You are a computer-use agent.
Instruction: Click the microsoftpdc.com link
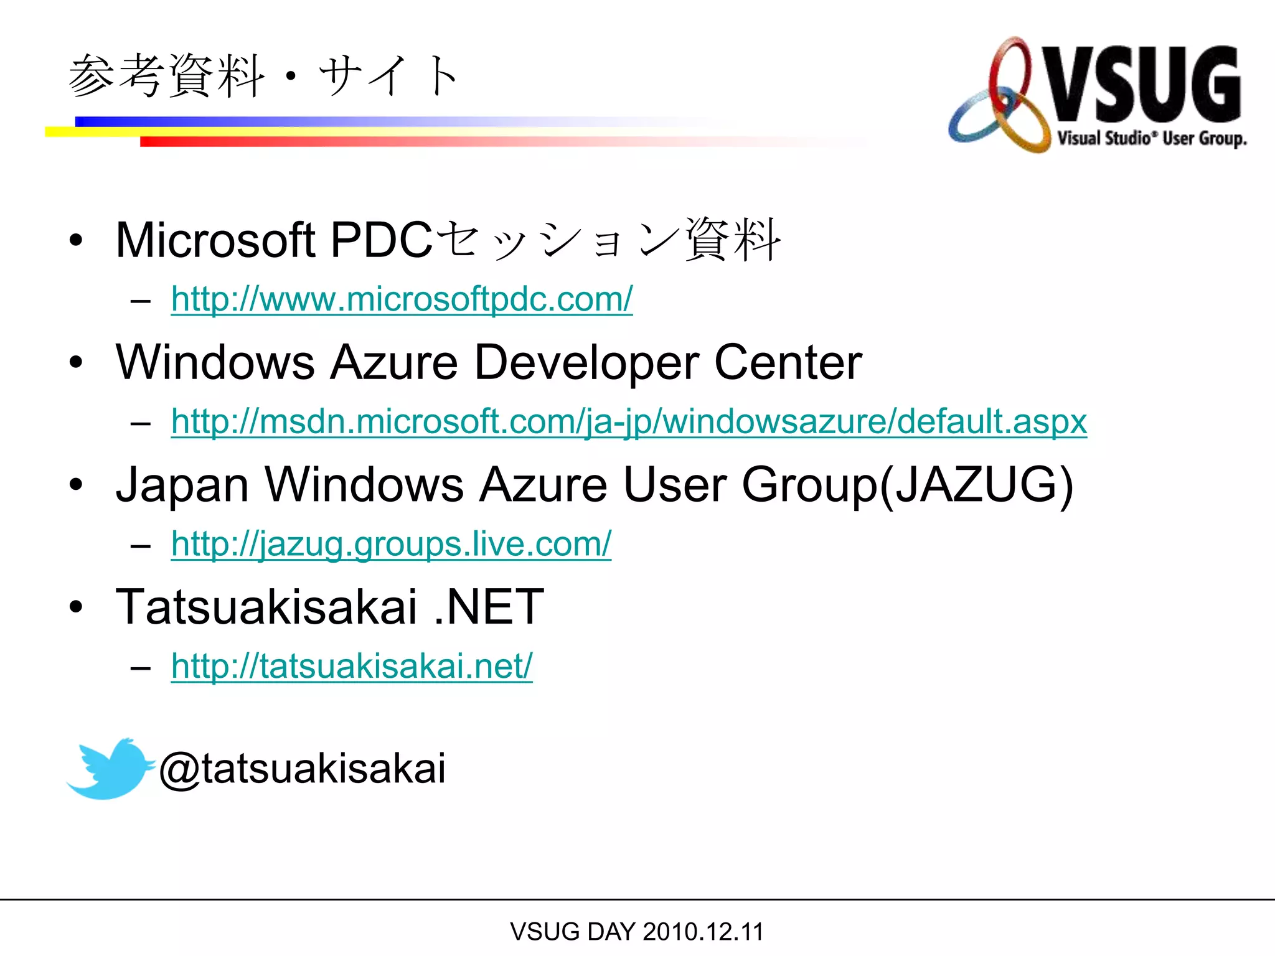402,299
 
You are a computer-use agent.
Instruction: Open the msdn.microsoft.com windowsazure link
629,421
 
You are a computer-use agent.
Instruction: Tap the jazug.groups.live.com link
391,544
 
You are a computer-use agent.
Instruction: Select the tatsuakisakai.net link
352,666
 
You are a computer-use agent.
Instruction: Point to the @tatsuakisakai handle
303,769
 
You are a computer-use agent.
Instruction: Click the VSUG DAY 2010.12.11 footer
636,932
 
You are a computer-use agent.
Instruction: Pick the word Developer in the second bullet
586,363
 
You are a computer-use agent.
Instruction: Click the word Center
788,363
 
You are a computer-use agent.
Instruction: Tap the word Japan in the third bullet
182,485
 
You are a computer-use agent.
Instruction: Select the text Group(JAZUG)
908,485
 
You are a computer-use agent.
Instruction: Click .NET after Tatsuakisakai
489,607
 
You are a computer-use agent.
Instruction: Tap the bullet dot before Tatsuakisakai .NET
76,607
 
